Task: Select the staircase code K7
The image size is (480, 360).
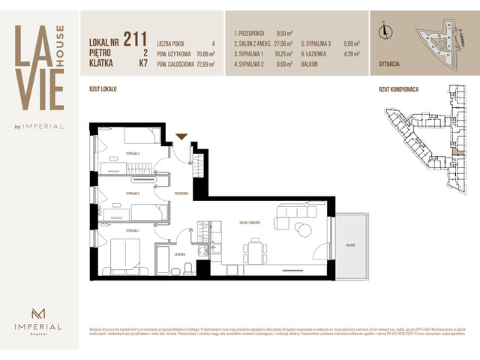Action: tap(142, 64)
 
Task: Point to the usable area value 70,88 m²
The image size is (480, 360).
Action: tap(203, 54)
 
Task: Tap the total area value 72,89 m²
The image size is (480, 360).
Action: tap(203, 64)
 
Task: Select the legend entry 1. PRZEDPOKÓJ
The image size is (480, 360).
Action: tap(253, 34)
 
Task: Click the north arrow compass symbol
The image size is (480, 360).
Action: tap(385, 31)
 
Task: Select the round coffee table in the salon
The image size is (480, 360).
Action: tap(301, 229)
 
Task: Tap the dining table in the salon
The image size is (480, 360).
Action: tap(255, 250)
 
